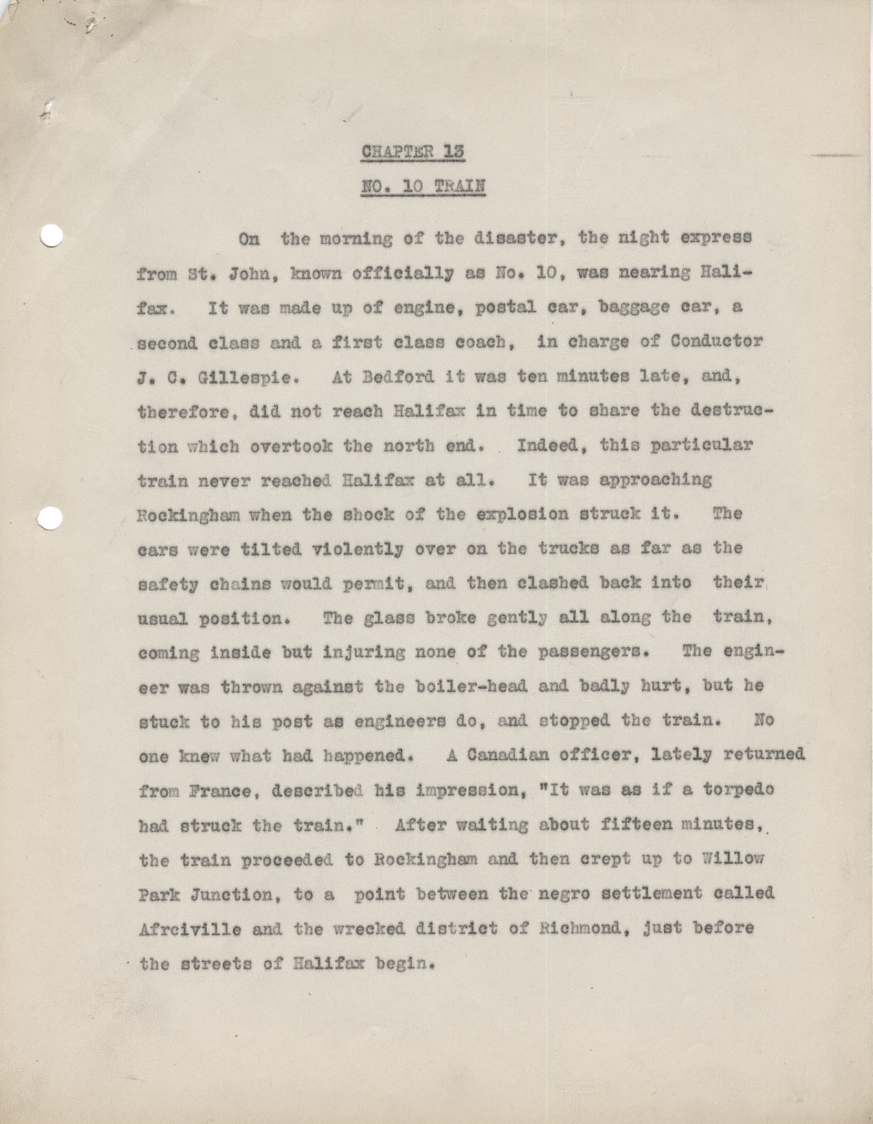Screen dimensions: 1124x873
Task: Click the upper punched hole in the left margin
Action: (52, 236)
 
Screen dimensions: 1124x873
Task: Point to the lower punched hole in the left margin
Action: (52, 517)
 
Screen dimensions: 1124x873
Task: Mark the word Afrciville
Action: (180, 929)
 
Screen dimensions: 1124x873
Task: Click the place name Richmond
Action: (586, 928)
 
